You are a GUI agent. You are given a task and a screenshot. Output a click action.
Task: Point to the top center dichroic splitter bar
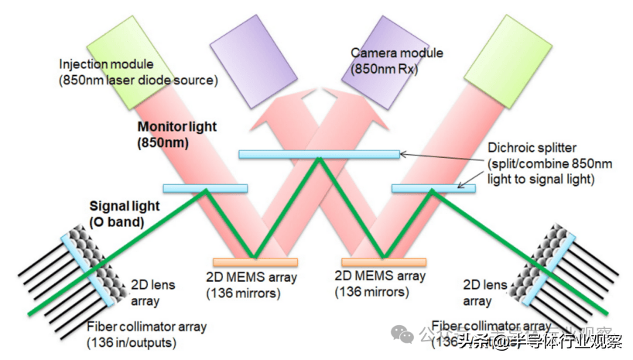[319, 154]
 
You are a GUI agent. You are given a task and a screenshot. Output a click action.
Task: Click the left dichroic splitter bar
[205, 188]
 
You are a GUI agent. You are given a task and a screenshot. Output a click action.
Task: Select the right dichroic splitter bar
[433, 188]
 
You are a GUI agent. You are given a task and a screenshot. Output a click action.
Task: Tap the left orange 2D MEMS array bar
[255, 262]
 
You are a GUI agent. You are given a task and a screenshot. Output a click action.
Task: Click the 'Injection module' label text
[107, 64]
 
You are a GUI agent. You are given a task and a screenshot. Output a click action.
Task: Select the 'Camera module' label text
[397, 53]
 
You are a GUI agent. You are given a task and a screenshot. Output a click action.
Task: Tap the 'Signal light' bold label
[125, 206]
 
